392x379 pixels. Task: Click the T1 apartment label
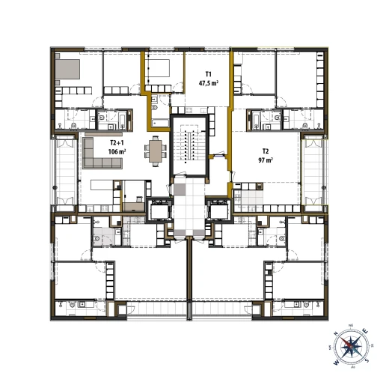coord(209,73)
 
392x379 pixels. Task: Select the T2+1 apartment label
coord(117,142)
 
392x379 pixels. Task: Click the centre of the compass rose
coord(350,348)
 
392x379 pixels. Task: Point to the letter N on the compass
coord(336,335)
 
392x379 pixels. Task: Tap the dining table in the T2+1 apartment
coord(156,153)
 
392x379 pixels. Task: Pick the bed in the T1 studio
coord(159,68)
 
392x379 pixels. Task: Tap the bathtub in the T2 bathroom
coord(256,118)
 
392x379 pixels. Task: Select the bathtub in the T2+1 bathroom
coord(119,118)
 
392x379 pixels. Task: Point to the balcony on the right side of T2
coord(314,172)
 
